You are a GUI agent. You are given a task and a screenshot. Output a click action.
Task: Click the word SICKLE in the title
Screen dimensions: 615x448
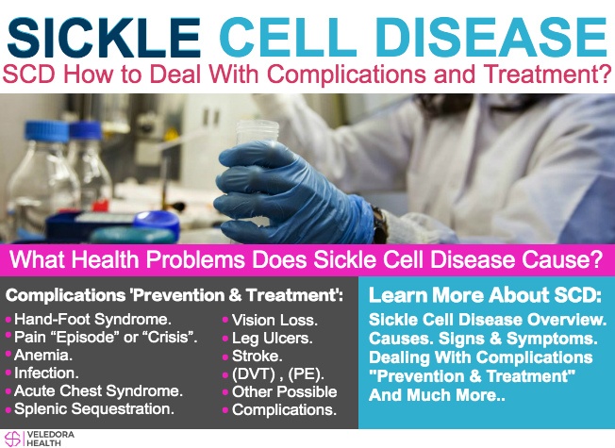(x=104, y=38)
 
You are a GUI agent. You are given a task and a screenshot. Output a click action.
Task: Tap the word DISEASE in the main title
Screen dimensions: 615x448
(x=491, y=38)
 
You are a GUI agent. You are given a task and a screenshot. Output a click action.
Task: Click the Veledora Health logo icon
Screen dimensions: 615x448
(x=12, y=439)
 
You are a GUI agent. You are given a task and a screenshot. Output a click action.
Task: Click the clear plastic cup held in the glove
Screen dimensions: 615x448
(x=257, y=133)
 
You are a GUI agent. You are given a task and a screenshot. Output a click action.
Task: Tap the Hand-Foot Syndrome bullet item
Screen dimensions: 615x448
(x=92, y=320)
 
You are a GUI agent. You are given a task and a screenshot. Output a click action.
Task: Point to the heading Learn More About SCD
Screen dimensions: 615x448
(x=485, y=295)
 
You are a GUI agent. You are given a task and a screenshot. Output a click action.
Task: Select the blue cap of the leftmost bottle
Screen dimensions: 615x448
(x=47, y=131)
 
